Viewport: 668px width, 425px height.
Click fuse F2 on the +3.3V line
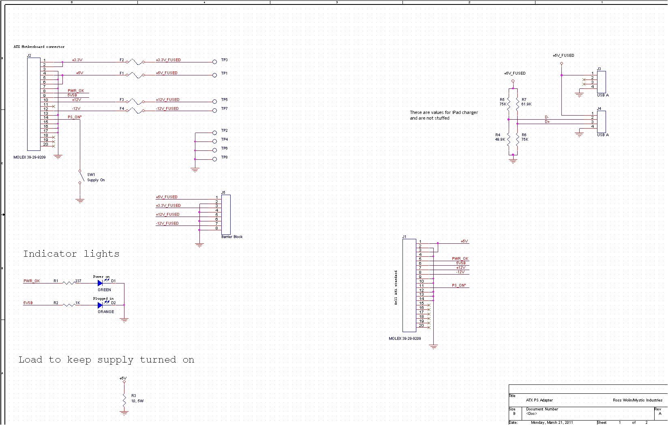point(135,62)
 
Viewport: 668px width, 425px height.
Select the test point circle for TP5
point(214,102)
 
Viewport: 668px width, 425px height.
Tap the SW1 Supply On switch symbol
point(81,177)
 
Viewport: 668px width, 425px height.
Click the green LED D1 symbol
point(100,283)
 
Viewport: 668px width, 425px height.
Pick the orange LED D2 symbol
point(100,305)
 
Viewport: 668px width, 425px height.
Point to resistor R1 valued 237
point(69,283)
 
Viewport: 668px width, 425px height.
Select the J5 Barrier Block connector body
point(226,215)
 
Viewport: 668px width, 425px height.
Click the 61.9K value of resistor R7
point(527,104)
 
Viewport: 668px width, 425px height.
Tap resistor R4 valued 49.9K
point(508,140)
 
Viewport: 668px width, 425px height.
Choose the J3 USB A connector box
point(601,82)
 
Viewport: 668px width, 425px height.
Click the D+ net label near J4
point(547,122)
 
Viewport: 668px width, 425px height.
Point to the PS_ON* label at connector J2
point(75,117)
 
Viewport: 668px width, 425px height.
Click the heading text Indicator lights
point(71,254)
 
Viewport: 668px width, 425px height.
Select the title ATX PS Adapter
point(539,400)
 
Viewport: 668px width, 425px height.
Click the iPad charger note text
point(443,115)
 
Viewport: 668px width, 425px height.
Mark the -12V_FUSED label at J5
point(167,223)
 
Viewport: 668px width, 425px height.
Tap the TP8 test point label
point(225,157)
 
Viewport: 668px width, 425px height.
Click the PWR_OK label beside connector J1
point(460,259)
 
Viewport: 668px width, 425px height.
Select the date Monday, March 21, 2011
point(552,423)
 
